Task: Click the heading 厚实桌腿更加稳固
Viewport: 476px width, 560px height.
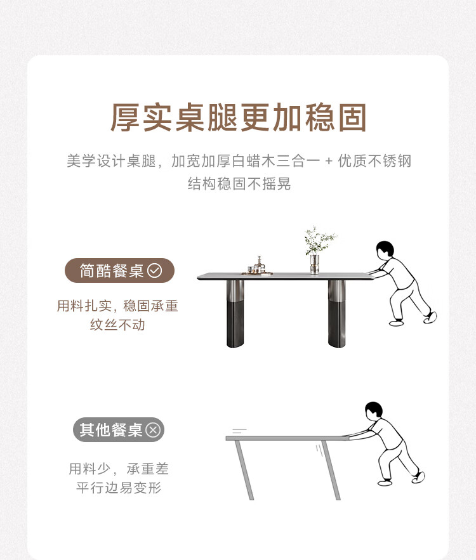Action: click(239, 117)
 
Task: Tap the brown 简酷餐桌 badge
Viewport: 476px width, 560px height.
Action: click(119, 271)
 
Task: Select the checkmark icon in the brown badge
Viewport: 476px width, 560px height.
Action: click(155, 271)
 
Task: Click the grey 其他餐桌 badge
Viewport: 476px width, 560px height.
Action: click(119, 429)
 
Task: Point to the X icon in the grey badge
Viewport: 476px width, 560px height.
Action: click(154, 429)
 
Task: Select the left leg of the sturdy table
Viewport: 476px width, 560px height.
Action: click(235, 313)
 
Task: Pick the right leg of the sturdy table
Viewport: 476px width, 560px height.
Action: click(337, 313)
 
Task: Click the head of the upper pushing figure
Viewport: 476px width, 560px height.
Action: click(385, 249)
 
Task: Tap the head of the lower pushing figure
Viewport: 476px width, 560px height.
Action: click(374, 410)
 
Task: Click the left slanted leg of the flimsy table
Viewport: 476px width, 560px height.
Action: click(244, 470)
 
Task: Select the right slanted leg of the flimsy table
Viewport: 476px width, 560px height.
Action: click(331, 470)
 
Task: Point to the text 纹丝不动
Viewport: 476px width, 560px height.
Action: click(117, 325)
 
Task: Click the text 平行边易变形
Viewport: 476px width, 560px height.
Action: click(119, 488)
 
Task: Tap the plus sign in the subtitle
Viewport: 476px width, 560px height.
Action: click(329, 162)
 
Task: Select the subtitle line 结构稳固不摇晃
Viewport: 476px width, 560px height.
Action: click(239, 183)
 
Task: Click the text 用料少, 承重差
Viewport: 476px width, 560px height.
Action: click(119, 469)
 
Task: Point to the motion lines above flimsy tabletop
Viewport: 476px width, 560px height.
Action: click(239, 431)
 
